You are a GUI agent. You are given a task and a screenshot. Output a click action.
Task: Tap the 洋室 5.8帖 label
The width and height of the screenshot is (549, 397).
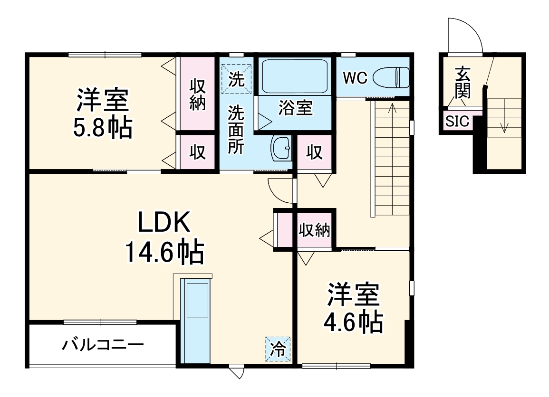click(x=102, y=113)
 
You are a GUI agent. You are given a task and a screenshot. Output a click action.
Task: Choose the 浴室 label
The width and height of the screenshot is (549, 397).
click(x=295, y=108)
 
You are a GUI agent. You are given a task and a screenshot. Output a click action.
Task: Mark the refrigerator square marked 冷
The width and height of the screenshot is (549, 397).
click(x=278, y=350)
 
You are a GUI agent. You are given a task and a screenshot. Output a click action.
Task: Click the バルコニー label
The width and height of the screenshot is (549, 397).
click(x=102, y=344)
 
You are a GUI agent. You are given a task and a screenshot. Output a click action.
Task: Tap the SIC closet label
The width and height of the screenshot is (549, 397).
click(x=457, y=122)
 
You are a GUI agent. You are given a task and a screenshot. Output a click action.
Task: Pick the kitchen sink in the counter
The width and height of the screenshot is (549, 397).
click(x=197, y=301)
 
